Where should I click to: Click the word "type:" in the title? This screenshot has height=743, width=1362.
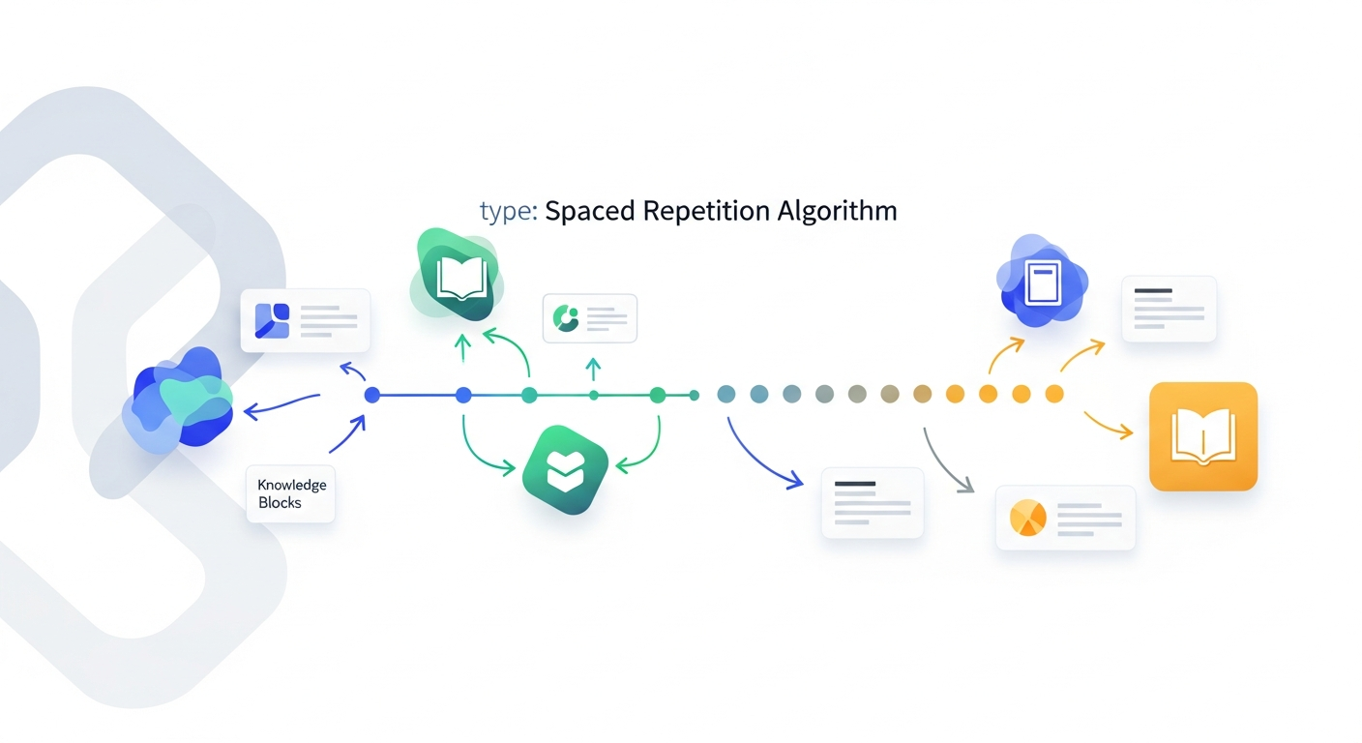pyautogui.click(x=509, y=212)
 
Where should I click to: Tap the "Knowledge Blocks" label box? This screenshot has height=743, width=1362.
pyautogui.click(x=291, y=493)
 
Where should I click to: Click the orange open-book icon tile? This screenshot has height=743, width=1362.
pyautogui.click(x=1202, y=436)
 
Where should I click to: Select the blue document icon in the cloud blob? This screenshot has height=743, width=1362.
pyautogui.click(x=1042, y=282)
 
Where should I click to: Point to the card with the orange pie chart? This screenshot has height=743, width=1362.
pyautogui.click(x=1065, y=518)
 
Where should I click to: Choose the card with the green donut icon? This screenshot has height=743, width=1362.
pyautogui.click(x=590, y=318)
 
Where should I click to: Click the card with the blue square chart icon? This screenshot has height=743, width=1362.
pyautogui.click(x=306, y=320)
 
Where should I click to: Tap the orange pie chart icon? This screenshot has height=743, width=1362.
pyautogui.click(x=1027, y=518)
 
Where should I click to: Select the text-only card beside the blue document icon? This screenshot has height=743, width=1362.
pyautogui.click(x=1169, y=309)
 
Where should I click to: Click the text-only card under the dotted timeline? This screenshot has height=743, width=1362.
pyautogui.click(x=873, y=502)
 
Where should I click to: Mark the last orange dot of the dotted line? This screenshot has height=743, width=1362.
pyautogui.click(x=1054, y=394)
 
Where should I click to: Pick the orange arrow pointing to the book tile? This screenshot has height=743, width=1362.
pyautogui.click(x=1108, y=425)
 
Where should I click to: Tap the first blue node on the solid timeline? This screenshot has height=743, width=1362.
pyautogui.click(x=372, y=395)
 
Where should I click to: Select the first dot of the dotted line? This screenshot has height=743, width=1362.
pyautogui.click(x=726, y=394)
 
